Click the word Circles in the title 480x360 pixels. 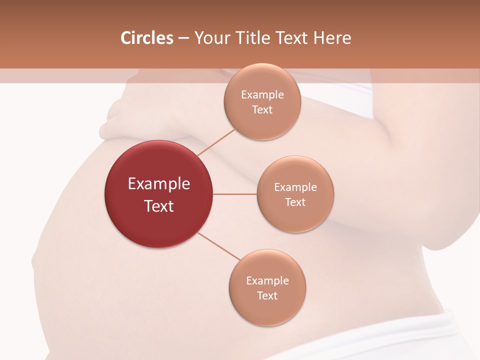click(146, 38)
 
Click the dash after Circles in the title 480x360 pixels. click(183, 38)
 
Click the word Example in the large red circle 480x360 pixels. click(159, 184)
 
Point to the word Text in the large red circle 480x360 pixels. click(159, 206)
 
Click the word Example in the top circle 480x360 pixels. click(262, 95)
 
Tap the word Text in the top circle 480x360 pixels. click(262, 109)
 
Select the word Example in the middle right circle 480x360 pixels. click(295, 187)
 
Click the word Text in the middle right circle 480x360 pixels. click(295, 202)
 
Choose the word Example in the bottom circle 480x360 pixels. click(267, 281)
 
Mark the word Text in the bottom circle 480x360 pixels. click(267, 295)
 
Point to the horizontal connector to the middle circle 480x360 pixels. click(235, 194)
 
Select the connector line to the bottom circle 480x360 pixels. click(219, 245)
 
